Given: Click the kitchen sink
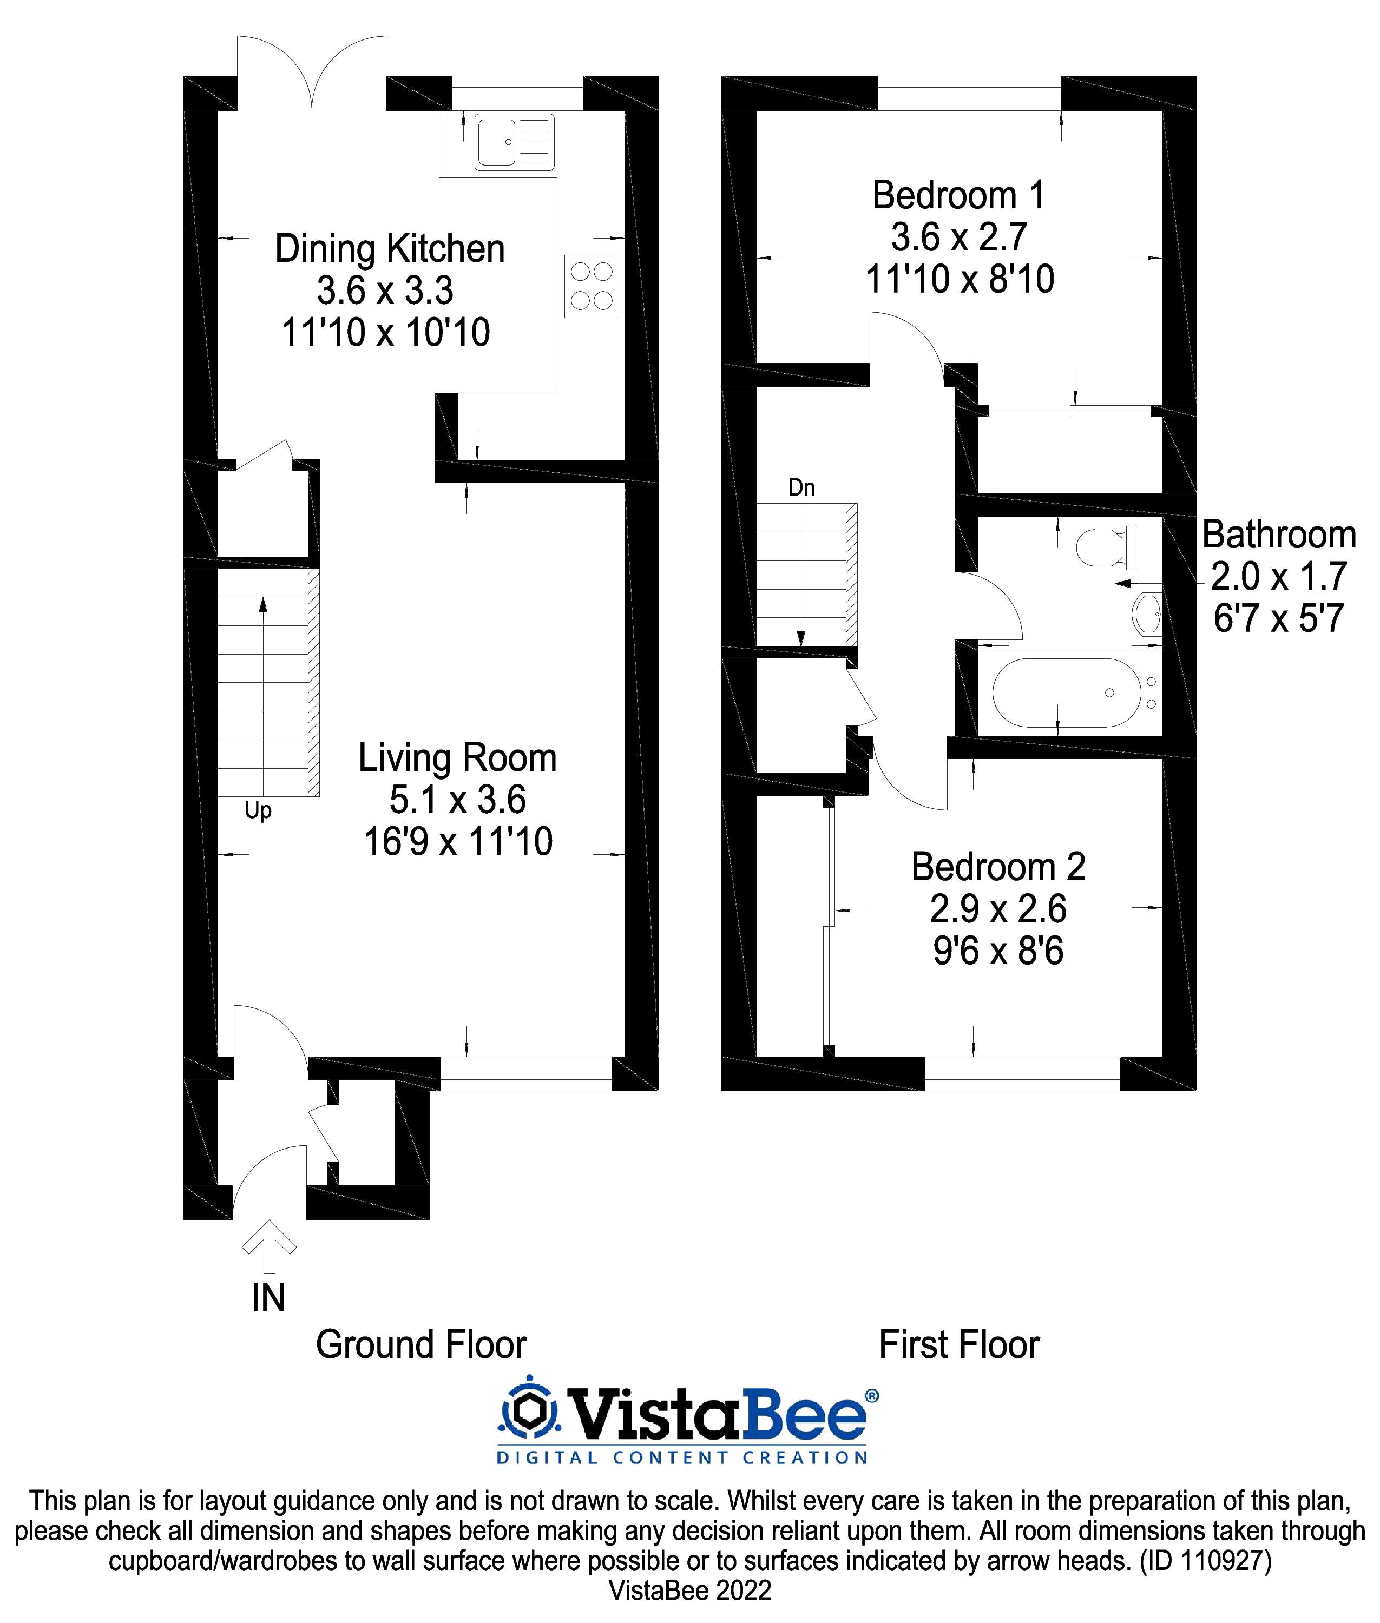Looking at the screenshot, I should (x=514, y=142).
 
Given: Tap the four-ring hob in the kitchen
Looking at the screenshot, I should (x=592, y=286).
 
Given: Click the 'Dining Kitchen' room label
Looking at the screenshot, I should (x=390, y=249).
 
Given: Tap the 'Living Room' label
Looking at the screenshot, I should (x=458, y=758).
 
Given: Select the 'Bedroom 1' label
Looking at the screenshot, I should (x=958, y=195).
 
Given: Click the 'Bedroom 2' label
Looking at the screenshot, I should (x=998, y=867).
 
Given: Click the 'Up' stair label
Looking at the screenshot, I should (x=258, y=810).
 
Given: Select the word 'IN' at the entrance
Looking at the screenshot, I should (x=268, y=1298).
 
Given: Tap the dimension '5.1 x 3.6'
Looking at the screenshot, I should (x=458, y=800).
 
